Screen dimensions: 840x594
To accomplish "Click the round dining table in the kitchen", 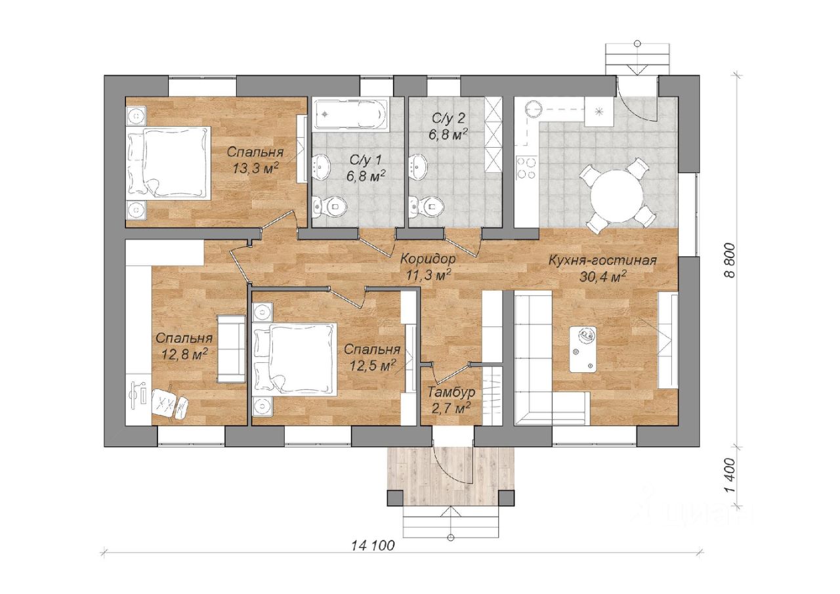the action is pyautogui.click(x=617, y=196).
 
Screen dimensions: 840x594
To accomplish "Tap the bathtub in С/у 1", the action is pyautogui.click(x=350, y=114).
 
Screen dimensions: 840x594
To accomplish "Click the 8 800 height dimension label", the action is pyautogui.click(x=730, y=261).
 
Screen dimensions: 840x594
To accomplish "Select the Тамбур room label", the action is pyautogui.click(x=451, y=392).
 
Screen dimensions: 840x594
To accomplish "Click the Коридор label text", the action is pyautogui.click(x=428, y=259).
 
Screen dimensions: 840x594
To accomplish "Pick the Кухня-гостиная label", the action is pyautogui.click(x=602, y=261).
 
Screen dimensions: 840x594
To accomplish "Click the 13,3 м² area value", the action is pyautogui.click(x=255, y=167).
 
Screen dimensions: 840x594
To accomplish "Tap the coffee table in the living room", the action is pyautogui.click(x=583, y=349).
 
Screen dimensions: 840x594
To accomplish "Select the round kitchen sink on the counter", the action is pyautogui.click(x=534, y=110).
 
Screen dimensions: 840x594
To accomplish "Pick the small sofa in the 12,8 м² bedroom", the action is pyautogui.click(x=232, y=349).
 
